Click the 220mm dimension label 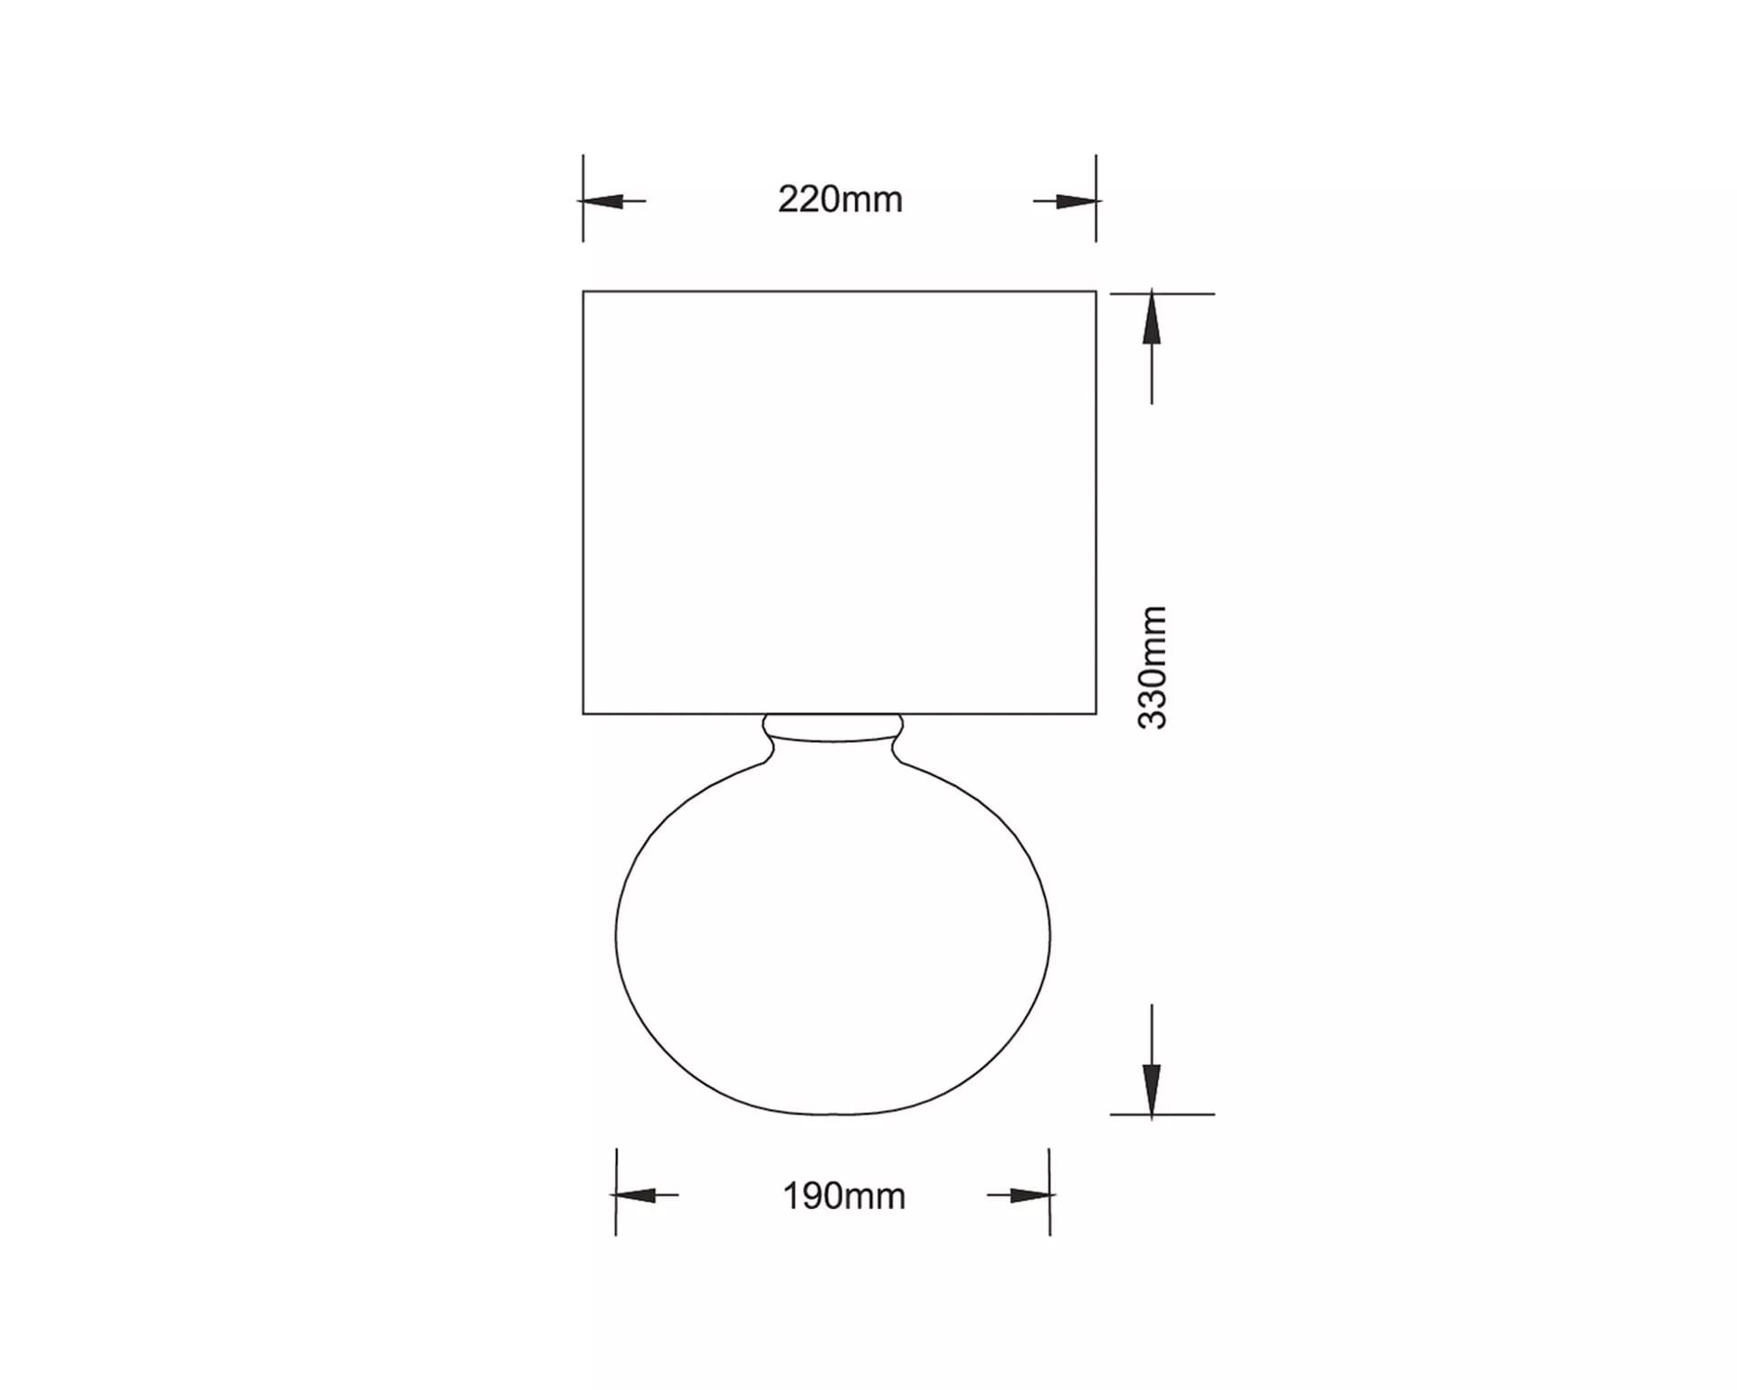pos(840,200)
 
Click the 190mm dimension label pos(843,1196)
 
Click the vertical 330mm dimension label pos(1153,668)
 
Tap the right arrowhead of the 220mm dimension pos(1077,201)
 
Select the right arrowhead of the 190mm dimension pos(1030,1195)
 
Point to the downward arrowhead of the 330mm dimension pos(1152,1090)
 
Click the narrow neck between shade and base pos(833,728)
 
